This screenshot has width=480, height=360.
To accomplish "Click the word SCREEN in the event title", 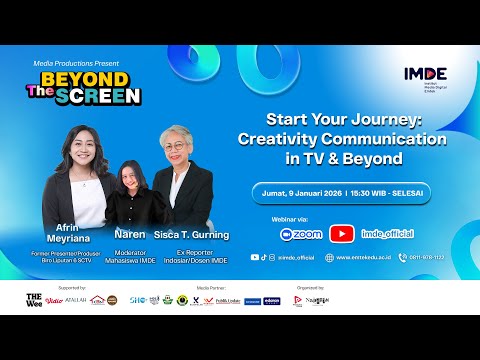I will (111, 97).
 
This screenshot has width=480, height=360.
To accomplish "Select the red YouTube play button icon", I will (343, 234).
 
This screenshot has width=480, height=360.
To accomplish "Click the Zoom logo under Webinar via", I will (301, 234).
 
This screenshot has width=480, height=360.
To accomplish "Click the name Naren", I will (130, 234).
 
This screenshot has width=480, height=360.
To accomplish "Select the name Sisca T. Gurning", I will (192, 235).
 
